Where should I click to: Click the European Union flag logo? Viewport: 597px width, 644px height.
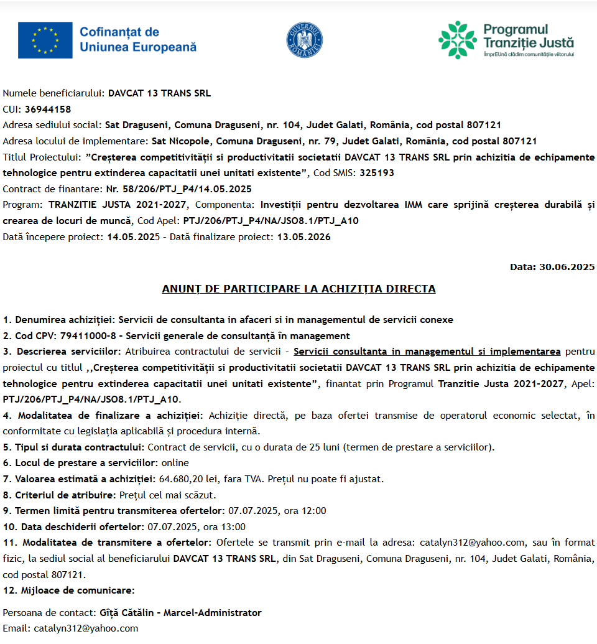45,39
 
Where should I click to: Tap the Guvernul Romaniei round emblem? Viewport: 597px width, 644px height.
304,39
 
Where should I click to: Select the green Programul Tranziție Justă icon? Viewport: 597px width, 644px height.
458,40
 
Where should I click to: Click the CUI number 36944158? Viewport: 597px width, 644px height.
48,110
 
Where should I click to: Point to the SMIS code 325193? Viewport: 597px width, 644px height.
377,173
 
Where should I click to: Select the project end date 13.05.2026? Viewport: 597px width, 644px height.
303,237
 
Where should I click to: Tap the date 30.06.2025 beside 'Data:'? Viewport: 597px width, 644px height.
567,267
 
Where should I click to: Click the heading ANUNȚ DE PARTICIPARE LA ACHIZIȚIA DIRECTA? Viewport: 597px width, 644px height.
298,289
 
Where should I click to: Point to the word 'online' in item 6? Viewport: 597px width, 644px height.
175,463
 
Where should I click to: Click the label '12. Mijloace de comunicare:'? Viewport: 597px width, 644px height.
68,590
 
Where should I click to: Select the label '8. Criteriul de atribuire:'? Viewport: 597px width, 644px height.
60,495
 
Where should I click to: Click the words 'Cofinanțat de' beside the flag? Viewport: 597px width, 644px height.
119,32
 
